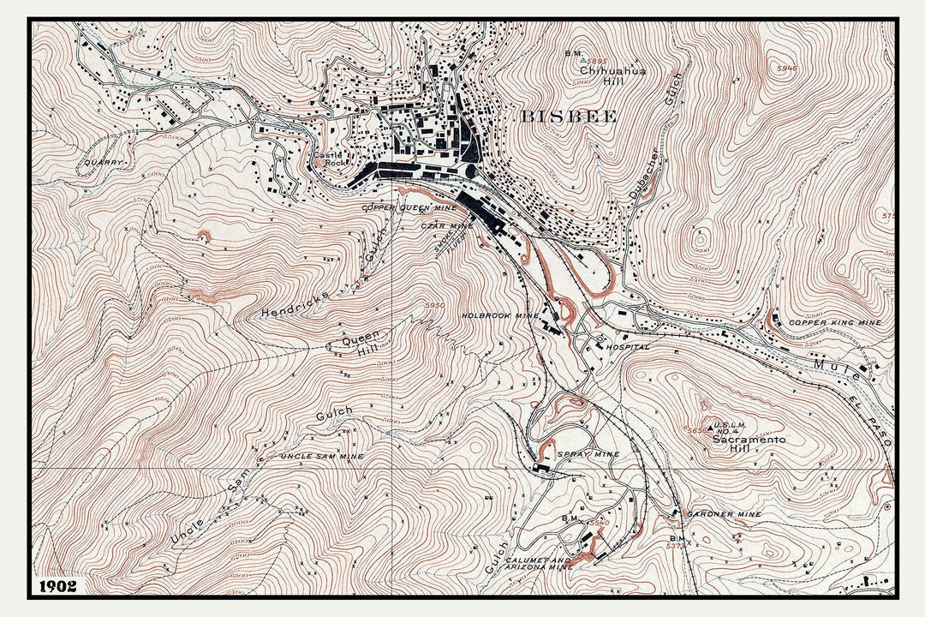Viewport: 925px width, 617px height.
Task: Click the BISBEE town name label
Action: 568,117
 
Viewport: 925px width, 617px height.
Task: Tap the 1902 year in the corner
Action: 57,586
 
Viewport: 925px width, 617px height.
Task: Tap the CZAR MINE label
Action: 447,225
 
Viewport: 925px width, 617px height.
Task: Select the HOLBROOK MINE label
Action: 501,315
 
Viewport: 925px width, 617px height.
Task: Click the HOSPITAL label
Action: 627,347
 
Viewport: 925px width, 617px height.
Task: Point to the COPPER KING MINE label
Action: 834,322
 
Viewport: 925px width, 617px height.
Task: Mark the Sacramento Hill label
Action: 749,444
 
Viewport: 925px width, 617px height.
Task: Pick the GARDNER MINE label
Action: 724,514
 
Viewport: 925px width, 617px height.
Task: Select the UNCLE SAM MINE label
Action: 322,456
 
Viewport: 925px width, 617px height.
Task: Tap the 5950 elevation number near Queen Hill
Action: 434,304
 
